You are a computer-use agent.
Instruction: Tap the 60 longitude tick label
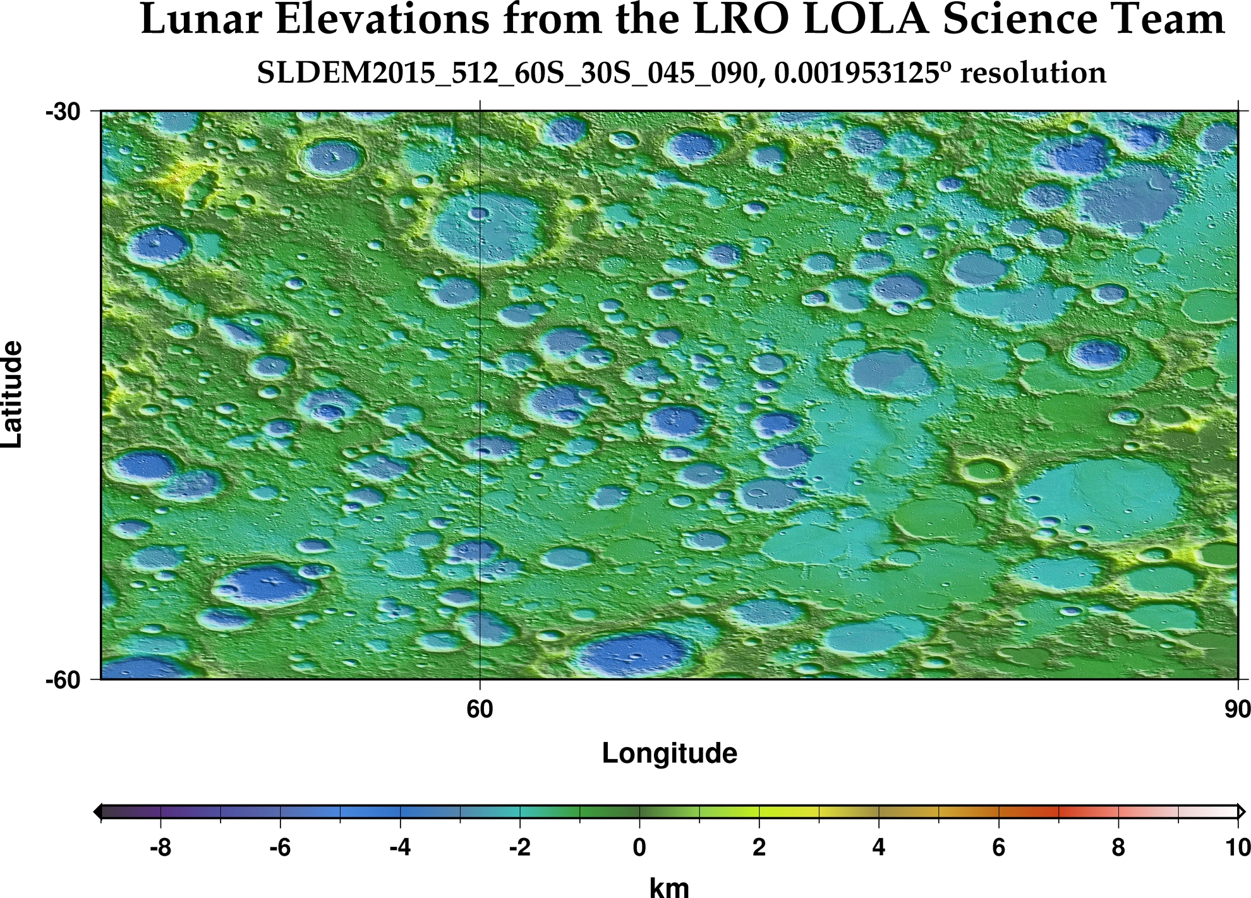tap(480, 710)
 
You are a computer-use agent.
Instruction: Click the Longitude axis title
tap(669, 753)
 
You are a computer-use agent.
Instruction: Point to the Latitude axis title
tap(13, 395)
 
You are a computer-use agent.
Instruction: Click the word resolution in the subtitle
tap(1033, 73)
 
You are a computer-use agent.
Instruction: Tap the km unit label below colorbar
tap(669, 887)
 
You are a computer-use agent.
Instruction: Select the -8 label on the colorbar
tap(160, 847)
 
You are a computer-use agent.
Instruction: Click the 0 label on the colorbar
tap(639, 847)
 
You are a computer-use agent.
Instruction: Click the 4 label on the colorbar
tap(879, 847)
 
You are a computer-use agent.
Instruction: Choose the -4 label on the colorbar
tap(400, 847)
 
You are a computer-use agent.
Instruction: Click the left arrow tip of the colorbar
tap(96, 812)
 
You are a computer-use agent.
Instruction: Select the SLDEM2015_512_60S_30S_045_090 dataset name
tap(505, 73)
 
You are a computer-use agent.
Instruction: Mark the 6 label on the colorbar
tap(998, 847)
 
